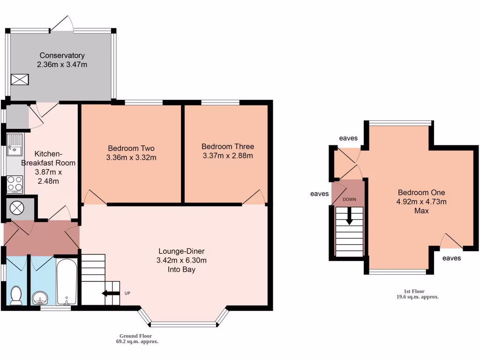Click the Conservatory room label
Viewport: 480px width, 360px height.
pos(62,55)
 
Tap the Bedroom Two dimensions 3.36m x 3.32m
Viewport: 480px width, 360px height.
pos(131,157)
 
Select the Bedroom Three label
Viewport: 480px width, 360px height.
pos(228,146)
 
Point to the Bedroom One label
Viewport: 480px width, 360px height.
pos(421,193)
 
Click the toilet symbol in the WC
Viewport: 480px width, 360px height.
pos(16,295)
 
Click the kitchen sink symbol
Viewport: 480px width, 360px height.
pos(15,145)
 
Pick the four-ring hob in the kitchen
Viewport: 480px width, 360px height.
pos(15,184)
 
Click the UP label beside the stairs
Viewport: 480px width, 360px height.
pos(127,293)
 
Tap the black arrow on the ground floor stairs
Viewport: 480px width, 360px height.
pos(111,293)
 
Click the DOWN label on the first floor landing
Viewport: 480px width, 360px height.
pos(349,199)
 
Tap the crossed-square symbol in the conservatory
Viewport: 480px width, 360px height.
pos(20,80)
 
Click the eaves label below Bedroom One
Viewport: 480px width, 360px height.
pos(451,258)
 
